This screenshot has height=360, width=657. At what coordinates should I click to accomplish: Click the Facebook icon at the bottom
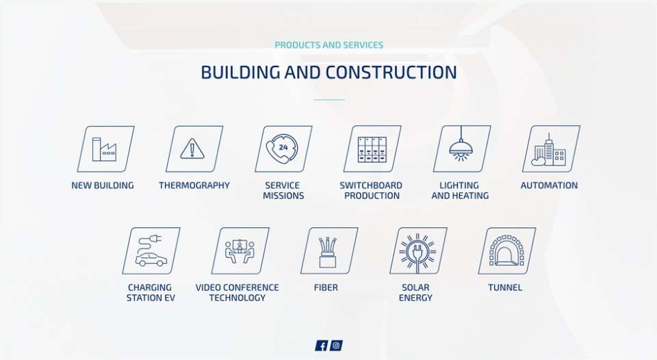pos(322,346)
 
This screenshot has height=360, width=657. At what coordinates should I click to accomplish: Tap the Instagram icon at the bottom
pos(336,346)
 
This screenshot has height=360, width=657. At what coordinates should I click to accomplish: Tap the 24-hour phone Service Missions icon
pos(283,149)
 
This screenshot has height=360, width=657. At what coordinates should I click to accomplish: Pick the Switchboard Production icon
pos(372,149)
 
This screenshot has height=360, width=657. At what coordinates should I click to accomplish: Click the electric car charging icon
pos(151,250)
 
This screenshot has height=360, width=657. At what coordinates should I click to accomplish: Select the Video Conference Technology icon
pos(240,250)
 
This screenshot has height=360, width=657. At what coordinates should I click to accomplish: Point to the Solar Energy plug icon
pos(418,250)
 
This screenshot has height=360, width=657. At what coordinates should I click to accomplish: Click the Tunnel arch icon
pos(507,250)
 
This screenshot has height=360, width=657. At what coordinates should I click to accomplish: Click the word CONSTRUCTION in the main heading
pos(391,72)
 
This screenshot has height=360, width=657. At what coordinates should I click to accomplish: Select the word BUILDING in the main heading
pos(240,72)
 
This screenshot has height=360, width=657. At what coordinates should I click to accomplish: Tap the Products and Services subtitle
pos(329,45)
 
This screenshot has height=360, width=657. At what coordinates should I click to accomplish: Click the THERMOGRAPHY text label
pos(194,185)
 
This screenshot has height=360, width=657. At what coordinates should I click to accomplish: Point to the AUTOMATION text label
pos(549,185)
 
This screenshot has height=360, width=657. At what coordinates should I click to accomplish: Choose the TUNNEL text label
pos(505,287)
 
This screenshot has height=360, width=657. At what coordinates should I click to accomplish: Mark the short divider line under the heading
pos(329,100)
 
